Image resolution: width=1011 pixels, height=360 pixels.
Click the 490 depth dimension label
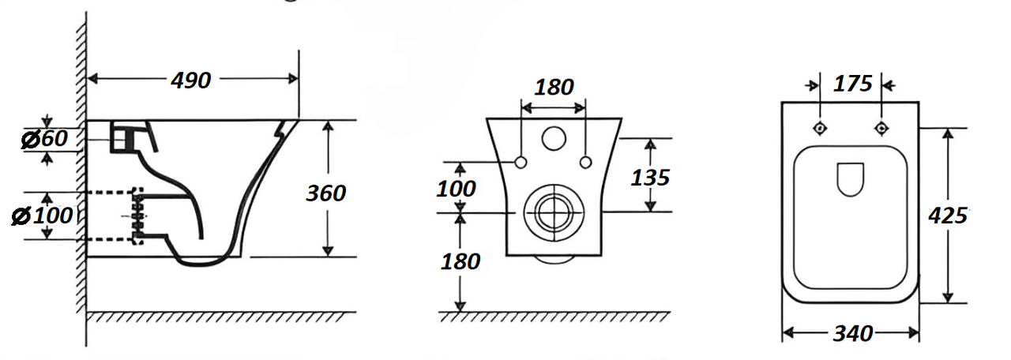pyautogui.click(x=191, y=81)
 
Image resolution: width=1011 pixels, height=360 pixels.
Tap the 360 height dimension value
pyautogui.click(x=326, y=193)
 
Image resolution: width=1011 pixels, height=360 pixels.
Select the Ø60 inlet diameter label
pyautogui.click(x=44, y=138)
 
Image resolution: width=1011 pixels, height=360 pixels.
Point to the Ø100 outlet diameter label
pyautogui.click(x=42, y=216)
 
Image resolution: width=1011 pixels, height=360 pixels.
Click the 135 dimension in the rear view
pyautogui.click(x=650, y=178)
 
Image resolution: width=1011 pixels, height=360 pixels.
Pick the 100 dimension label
pyautogui.click(x=456, y=189)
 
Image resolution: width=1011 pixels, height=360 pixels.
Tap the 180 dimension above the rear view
pyautogui.click(x=554, y=87)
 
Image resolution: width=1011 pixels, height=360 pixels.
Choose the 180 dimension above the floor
pyautogui.click(x=460, y=261)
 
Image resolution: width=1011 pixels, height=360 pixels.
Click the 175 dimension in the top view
pyautogui.click(x=852, y=84)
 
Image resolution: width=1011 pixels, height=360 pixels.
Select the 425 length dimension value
pyautogui.click(x=948, y=216)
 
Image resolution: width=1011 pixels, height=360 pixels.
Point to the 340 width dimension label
pyautogui.click(x=853, y=334)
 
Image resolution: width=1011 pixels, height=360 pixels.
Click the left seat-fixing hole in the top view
pyautogui.click(x=820, y=129)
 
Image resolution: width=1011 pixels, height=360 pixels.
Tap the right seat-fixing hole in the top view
pyautogui.click(x=881, y=129)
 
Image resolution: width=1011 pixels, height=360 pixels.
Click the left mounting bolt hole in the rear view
pyautogui.click(x=521, y=163)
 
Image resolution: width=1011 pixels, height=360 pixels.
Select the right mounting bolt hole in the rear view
pyautogui.click(x=585, y=163)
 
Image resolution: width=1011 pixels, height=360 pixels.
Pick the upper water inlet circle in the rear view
pyautogui.click(x=554, y=138)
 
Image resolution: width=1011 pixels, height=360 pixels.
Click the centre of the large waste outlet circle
pyautogui.click(x=554, y=212)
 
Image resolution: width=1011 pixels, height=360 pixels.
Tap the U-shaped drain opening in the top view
pyautogui.click(x=851, y=179)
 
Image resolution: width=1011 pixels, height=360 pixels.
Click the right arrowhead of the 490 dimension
pyautogui.click(x=293, y=79)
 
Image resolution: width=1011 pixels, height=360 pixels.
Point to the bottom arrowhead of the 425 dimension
pyautogui.click(x=948, y=298)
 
